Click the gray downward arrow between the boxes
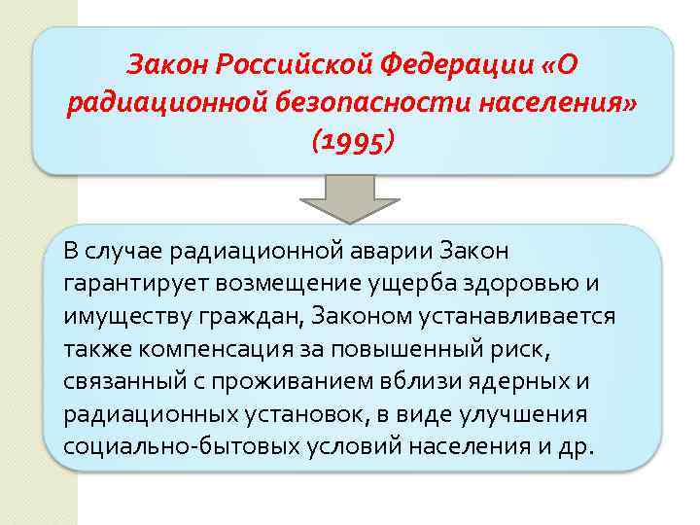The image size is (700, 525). [x=350, y=196]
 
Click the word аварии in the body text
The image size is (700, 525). [x=380, y=251]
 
